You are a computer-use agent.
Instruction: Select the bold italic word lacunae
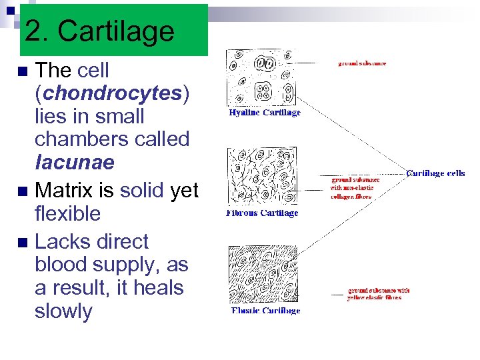point(75,163)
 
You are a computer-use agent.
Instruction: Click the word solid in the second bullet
point(141,191)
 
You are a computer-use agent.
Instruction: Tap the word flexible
point(67,214)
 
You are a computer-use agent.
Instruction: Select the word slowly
point(63,311)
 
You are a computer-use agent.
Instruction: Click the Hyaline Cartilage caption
point(264,113)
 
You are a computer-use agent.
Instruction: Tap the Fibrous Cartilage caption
point(262,213)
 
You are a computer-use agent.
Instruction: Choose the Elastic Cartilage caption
point(265,311)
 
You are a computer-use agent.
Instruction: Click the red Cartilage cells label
point(435,173)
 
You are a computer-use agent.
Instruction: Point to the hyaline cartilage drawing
point(261,77)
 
